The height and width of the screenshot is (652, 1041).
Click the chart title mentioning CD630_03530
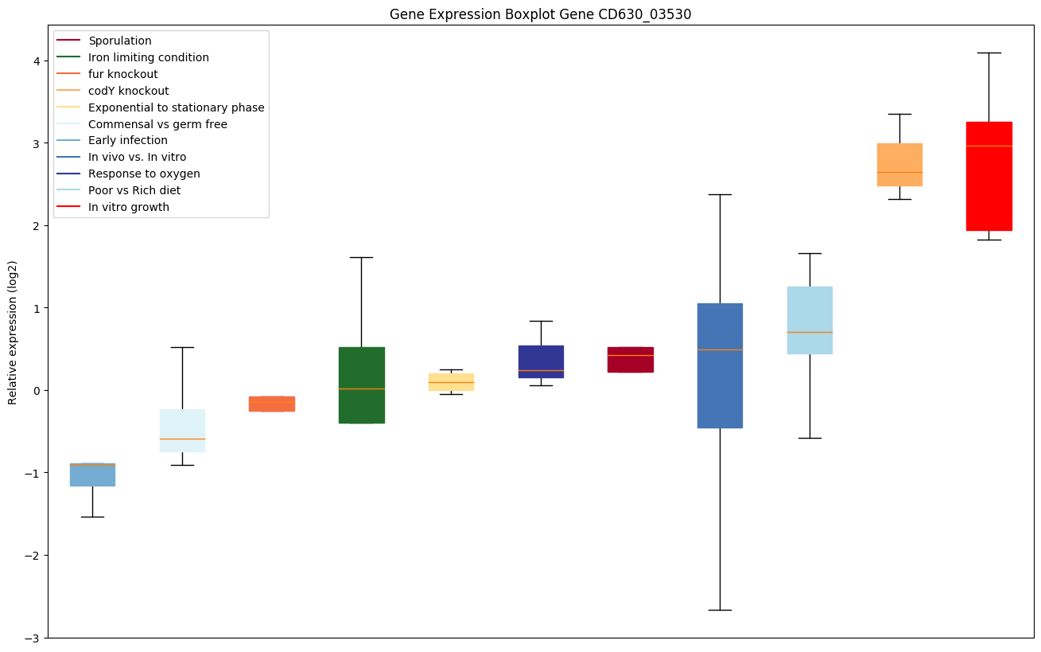[540, 14]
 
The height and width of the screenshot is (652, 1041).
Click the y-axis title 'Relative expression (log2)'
[12, 333]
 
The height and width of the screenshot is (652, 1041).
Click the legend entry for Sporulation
[119, 41]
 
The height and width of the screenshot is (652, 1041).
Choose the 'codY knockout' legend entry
[128, 91]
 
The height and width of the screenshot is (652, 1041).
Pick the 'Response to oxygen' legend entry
[144, 174]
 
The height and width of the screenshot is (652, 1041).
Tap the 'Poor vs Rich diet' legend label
[134, 190]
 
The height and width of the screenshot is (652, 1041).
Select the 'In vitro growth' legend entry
[129, 207]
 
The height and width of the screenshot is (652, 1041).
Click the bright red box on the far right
[989, 176]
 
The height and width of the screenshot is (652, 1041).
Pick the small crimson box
[630, 360]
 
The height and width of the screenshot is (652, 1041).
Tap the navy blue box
[541, 361]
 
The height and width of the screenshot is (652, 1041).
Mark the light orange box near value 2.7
[899, 165]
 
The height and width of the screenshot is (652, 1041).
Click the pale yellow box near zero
[451, 381]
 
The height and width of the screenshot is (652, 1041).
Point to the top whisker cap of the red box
[989, 53]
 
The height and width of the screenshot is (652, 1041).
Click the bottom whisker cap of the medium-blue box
[720, 610]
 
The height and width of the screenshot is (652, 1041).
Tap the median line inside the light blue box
[810, 332]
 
